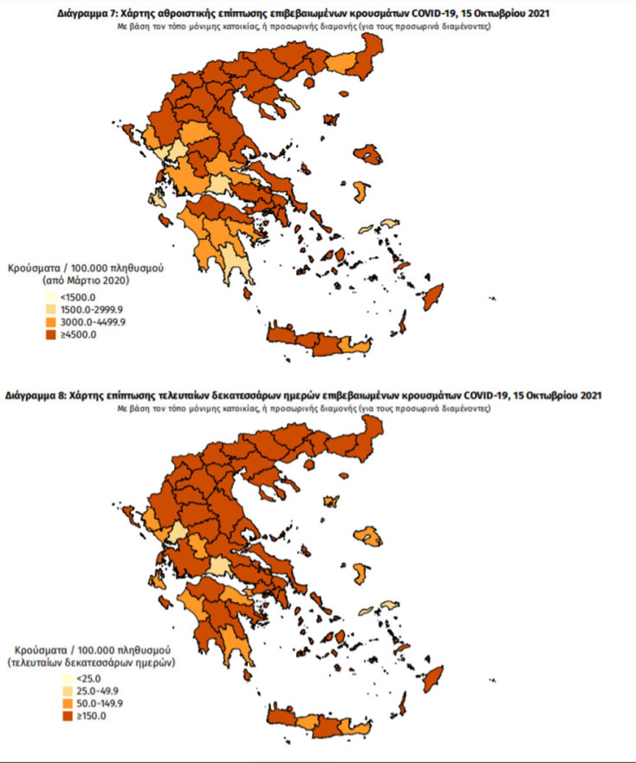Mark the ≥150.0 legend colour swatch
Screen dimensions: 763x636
coord(66,716)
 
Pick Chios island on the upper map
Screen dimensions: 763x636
coord(359,191)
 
